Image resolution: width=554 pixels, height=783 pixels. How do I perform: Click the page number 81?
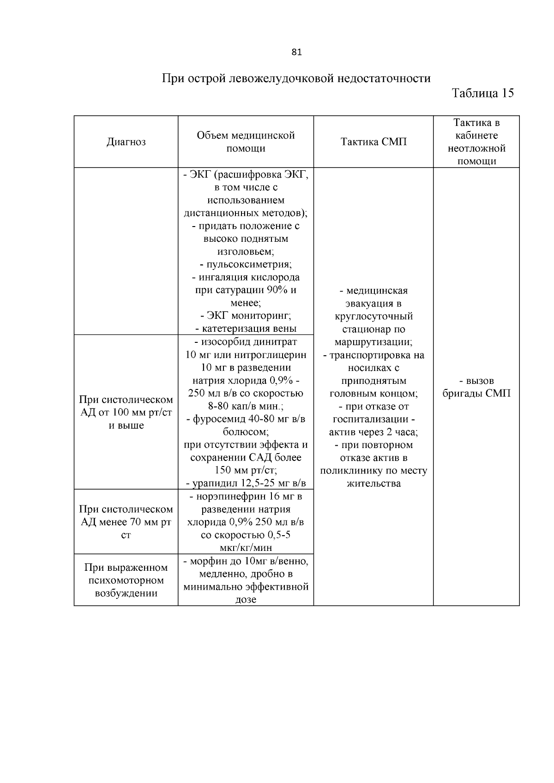tap(297, 52)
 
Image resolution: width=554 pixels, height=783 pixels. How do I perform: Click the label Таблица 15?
tap(482, 93)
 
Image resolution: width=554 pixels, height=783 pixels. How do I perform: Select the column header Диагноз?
tap(126, 142)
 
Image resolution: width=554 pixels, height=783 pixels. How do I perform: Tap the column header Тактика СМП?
tap(373, 142)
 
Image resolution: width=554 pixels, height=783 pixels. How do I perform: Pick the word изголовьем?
tap(246, 251)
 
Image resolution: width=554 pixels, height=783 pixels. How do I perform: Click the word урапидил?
tap(216, 483)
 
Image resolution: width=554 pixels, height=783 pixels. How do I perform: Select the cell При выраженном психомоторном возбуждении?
tap(126, 580)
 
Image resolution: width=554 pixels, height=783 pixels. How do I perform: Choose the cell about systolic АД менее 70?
tap(126, 522)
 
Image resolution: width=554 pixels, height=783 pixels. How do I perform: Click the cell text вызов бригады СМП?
tap(476, 387)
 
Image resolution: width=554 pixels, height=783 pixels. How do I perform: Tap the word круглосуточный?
tap(373, 316)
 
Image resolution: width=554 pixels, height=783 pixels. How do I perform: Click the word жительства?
tap(373, 484)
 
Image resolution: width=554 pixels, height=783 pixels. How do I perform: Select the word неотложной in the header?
tap(476, 149)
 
